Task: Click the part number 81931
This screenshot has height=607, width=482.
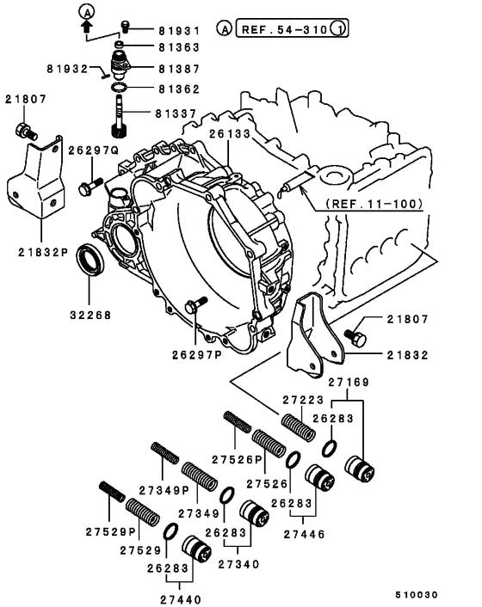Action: point(178,30)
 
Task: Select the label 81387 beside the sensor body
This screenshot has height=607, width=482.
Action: point(178,67)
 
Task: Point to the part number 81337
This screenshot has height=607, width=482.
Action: point(178,112)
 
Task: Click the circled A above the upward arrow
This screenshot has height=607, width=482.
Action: point(85,11)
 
